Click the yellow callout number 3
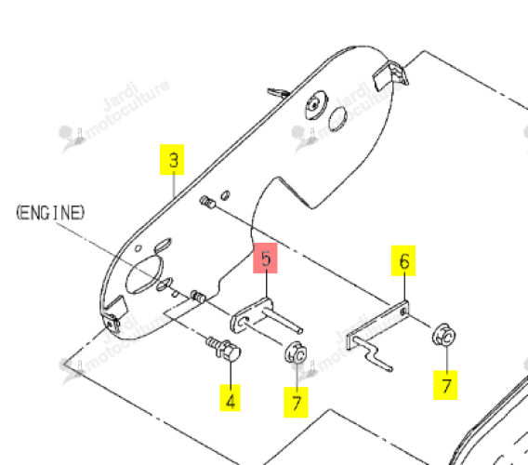tap(172, 160)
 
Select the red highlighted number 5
tap(265, 259)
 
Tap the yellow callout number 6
tap(403, 260)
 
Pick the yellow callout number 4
tap(231, 398)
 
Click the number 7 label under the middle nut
tap(296, 403)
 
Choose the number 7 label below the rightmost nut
tap(445, 385)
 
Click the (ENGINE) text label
tap(50, 213)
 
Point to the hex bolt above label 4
tap(224, 349)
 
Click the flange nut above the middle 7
tap(296, 352)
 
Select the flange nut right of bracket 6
tap(444, 335)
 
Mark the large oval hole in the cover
tap(144, 273)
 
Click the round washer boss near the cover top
tap(317, 104)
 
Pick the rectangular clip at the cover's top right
tap(390, 75)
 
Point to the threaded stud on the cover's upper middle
tap(208, 202)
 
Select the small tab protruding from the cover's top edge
tap(279, 92)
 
